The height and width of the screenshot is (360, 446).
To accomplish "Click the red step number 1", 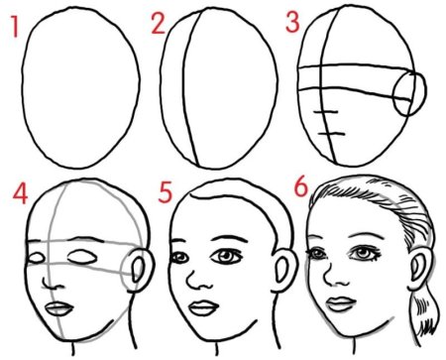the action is point(14,27).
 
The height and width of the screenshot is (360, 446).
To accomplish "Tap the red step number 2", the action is point(158,24).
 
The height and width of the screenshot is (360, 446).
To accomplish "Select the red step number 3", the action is point(292,23).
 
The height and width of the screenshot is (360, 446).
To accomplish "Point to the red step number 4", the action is point(20,193).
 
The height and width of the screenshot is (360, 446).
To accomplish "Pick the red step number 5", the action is point(166,192).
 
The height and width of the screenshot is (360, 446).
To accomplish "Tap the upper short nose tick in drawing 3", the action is point(326,113).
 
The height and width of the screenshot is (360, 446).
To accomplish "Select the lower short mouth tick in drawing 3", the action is point(331,134).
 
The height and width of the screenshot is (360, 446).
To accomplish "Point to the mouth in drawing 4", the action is point(59,309).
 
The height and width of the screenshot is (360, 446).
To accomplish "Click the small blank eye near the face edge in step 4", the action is point(37,258).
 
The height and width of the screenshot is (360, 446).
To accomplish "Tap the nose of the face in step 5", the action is point(199,280).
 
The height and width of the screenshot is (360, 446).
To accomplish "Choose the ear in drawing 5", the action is point(283,270).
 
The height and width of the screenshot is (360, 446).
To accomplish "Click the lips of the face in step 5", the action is point(204,308).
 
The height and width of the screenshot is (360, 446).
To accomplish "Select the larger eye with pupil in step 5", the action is point(227,256).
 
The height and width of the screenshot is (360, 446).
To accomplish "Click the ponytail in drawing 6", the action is point(423,318).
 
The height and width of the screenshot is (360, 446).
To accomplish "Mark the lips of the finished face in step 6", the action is point(341,304).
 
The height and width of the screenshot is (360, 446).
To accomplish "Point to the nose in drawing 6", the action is point(335,276).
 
